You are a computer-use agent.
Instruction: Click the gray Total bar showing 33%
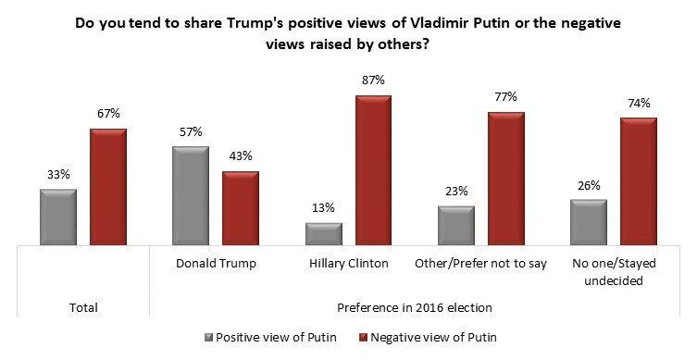tap(57, 217)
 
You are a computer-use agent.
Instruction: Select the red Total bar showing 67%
tap(107, 187)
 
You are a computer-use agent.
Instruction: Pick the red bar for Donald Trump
tap(241, 209)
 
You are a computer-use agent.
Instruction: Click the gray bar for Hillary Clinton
tap(324, 234)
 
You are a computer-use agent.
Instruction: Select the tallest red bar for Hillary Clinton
tap(373, 170)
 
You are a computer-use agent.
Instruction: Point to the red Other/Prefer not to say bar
tap(505, 179)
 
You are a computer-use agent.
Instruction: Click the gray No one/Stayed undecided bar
tap(588, 223)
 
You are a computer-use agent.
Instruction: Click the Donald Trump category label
tap(216, 264)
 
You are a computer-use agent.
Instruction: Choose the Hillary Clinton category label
tap(348, 264)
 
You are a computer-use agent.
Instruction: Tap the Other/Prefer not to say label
tap(480, 264)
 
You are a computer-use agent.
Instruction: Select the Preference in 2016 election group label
tap(414, 307)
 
